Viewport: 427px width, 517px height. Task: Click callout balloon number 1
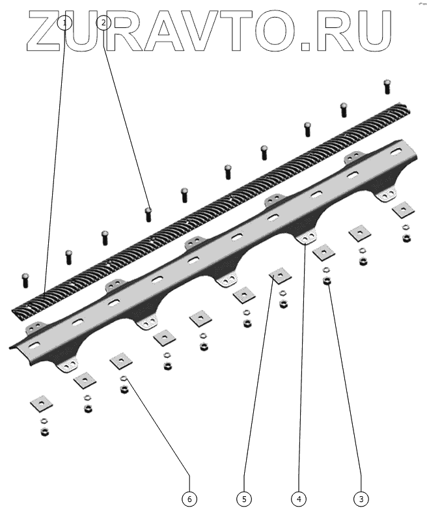pyautogui.click(x=64, y=23)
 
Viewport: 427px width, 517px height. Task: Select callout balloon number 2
pyautogui.click(x=103, y=23)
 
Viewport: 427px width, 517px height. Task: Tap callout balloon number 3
pyautogui.click(x=361, y=499)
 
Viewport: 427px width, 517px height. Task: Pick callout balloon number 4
pyautogui.click(x=299, y=499)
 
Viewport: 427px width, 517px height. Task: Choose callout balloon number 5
pyautogui.click(x=244, y=499)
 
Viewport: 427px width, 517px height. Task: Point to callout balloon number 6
pyautogui.click(x=189, y=499)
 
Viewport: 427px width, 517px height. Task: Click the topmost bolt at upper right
pyautogui.click(x=387, y=85)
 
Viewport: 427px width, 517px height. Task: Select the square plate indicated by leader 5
pyautogui.click(x=280, y=276)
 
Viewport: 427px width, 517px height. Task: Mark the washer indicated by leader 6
pyautogui.click(x=124, y=380)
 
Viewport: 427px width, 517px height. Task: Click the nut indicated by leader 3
pyautogui.click(x=327, y=281)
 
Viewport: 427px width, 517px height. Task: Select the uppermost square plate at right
pyautogui.click(x=404, y=210)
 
